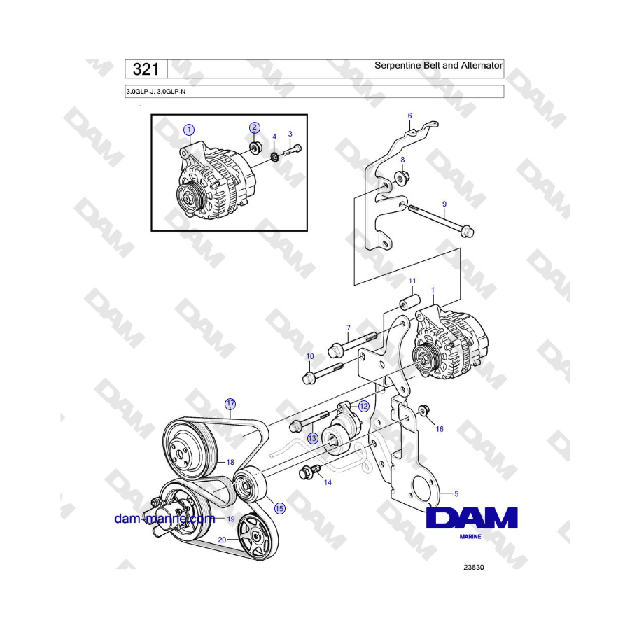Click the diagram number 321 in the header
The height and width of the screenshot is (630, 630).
pyautogui.click(x=146, y=69)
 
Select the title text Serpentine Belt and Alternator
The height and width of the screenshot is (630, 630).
pyautogui.click(x=438, y=66)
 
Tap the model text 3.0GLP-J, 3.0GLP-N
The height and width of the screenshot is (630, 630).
pyautogui.click(x=156, y=92)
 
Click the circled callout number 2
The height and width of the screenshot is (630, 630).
pyautogui.click(x=254, y=128)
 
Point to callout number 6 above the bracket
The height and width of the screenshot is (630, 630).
pyautogui.click(x=409, y=115)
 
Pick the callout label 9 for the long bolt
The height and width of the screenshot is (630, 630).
pyautogui.click(x=444, y=204)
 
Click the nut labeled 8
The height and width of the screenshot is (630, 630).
pyautogui.click(x=400, y=178)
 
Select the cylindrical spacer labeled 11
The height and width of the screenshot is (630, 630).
pyautogui.click(x=409, y=302)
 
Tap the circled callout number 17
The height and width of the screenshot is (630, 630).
pyautogui.click(x=230, y=404)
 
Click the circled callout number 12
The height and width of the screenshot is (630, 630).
pyautogui.click(x=363, y=406)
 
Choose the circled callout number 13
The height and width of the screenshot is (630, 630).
pyautogui.click(x=313, y=438)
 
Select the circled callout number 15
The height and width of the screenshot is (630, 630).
pyautogui.click(x=279, y=509)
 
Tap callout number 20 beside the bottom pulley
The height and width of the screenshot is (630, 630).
pyautogui.click(x=222, y=540)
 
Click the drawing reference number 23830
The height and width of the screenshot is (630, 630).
pyautogui.click(x=474, y=567)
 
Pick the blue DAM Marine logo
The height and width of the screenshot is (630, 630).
pyautogui.click(x=472, y=522)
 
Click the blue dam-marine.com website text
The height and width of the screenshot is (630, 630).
pyautogui.click(x=164, y=519)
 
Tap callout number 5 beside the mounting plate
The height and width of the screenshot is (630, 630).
pyautogui.click(x=456, y=493)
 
